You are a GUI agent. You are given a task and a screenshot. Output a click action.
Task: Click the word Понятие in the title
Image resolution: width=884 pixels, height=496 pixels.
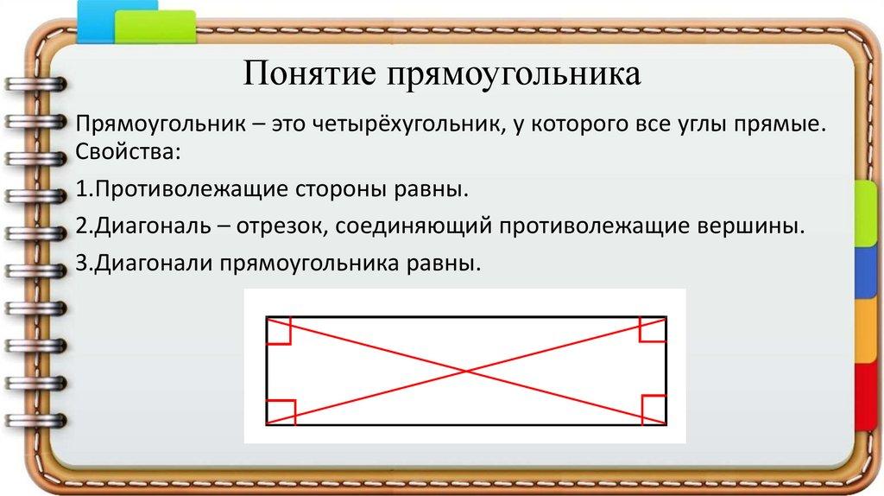click(309, 74)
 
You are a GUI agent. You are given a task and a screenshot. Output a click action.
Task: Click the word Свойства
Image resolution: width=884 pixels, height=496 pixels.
click(128, 152)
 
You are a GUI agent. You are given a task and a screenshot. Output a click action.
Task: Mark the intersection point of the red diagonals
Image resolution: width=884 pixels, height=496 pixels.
click(466, 371)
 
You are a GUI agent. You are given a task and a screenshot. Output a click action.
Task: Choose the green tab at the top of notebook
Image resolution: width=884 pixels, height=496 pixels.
click(155, 27)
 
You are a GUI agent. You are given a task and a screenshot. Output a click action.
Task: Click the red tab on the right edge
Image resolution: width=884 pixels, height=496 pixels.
click(868, 397)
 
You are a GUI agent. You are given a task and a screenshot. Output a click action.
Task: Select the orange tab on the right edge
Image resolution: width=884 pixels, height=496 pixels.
click(868, 331)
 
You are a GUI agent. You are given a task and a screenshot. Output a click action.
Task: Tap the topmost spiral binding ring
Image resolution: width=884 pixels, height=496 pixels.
click(35, 85)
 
